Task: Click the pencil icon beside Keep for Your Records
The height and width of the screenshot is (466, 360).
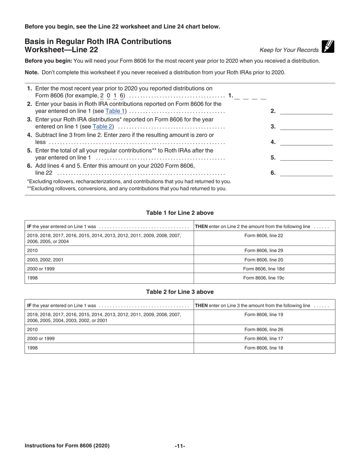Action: (328, 47)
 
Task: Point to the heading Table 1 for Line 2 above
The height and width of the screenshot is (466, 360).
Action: (180, 213)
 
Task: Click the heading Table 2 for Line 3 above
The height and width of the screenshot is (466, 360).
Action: (180, 292)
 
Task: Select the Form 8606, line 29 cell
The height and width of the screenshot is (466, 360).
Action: (264, 250)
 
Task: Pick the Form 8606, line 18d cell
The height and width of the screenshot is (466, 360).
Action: (264, 269)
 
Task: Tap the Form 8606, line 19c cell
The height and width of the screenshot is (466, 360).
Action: (264, 278)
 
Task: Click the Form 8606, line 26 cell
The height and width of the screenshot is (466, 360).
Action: (264, 329)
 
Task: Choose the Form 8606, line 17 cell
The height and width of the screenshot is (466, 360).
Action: (264, 339)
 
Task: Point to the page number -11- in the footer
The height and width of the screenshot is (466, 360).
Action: (180, 446)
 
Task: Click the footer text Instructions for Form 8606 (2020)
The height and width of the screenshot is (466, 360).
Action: (67, 446)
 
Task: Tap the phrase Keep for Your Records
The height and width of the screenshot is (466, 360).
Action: (289, 50)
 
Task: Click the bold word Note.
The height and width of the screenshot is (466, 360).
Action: (32, 72)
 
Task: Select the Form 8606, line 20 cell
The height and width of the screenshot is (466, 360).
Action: (264, 260)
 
